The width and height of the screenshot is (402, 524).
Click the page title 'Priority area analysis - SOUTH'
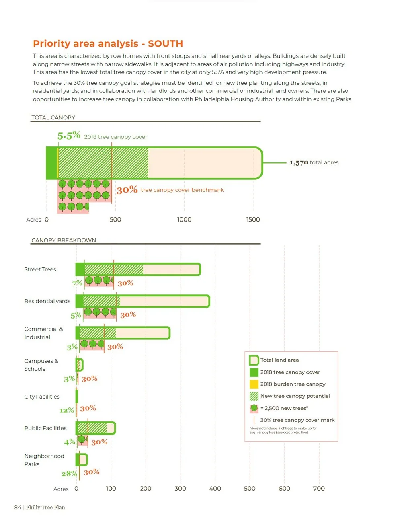pos(108,43)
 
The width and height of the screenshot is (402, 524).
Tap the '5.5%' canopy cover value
pos(69,136)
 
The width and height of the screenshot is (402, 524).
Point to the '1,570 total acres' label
pos(314,162)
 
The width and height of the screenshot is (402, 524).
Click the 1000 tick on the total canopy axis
pos(184,220)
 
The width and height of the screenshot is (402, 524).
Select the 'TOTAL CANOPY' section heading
pos(53,117)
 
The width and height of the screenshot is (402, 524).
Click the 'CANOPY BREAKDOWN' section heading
pos(64,240)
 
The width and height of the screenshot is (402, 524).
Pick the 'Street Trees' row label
pos(40,269)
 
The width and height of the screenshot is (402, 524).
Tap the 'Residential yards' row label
pos(47,301)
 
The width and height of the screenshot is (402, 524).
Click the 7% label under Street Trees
pos(77,283)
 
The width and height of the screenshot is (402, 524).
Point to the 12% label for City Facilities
pos(67,410)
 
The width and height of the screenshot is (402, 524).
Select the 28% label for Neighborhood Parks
pos(69,474)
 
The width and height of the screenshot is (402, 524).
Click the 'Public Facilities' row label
pos(45,428)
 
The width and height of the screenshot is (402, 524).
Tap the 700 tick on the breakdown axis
pos(319,489)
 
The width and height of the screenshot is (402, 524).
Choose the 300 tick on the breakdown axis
pos(180,489)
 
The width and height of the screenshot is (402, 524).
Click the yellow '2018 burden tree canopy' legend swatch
pos(254,384)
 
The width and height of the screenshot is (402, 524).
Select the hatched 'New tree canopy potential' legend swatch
pos(254,396)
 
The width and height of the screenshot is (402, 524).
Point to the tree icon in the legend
pos(254,408)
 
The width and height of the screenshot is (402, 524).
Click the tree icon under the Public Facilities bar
pos(82,440)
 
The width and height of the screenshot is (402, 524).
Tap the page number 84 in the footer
pos(18,508)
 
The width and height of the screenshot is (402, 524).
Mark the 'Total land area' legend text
pos(279,360)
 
